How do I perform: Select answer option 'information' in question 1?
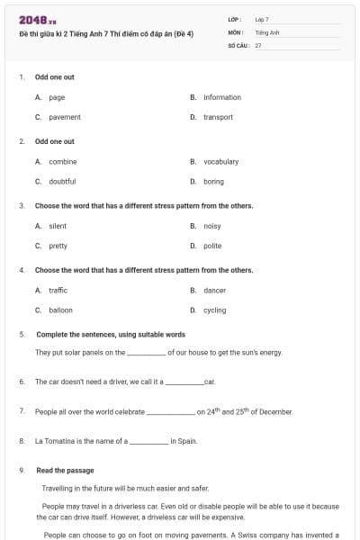pyautogui.click(x=221, y=97)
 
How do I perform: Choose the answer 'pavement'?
pyautogui.click(x=64, y=117)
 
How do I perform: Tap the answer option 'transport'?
pyautogui.click(x=218, y=117)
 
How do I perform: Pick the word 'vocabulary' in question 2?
pyautogui.click(x=220, y=161)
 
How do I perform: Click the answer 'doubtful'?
pyautogui.click(x=62, y=181)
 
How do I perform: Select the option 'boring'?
pyautogui.click(x=213, y=181)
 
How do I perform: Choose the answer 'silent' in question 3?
pyautogui.click(x=58, y=226)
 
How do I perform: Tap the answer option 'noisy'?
pyautogui.click(x=212, y=226)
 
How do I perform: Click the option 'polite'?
pyautogui.click(x=212, y=246)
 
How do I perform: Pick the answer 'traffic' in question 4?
pyautogui.click(x=58, y=290)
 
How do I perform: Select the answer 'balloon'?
pyautogui.click(x=60, y=310)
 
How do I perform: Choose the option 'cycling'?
pyautogui.click(x=215, y=310)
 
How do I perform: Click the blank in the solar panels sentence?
pyautogui.click(x=146, y=354)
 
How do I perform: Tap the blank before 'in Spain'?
pyautogui.click(x=149, y=442)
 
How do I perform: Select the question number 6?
pyautogui.click(x=21, y=382)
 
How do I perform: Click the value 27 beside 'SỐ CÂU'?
pyautogui.click(x=258, y=44)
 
